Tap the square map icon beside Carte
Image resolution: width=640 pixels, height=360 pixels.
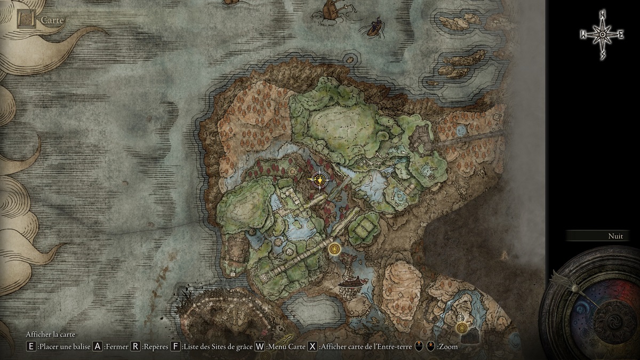(26, 20)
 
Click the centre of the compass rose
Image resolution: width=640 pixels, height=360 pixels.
(602, 35)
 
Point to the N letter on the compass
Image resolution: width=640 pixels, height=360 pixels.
(602, 14)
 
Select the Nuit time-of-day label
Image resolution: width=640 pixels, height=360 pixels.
(615, 236)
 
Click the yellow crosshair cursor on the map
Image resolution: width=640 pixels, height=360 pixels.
(320, 180)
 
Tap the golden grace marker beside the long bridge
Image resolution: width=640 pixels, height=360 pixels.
(334, 249)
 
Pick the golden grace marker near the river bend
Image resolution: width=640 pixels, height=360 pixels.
(462, 326)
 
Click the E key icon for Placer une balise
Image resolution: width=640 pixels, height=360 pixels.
(31, 347)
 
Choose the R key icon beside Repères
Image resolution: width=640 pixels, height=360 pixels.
(135, 347)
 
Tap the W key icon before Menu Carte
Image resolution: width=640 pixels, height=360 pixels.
(260, 347)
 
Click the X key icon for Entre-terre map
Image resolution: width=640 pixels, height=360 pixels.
(313, 347)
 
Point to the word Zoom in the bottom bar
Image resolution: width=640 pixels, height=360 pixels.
(448, 347)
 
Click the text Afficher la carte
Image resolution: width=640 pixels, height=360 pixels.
(51, 334)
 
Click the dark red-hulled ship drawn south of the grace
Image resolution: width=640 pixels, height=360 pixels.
(353, 282)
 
